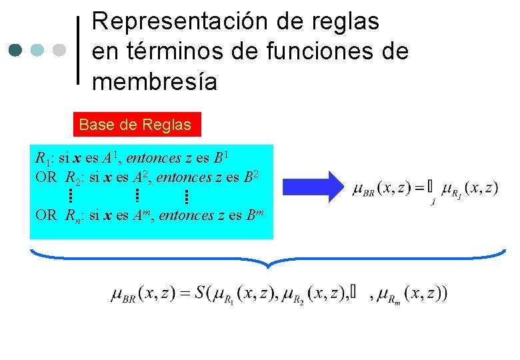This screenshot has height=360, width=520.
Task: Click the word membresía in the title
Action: tap(155, 82)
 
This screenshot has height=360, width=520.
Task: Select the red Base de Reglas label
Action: tap(135, 125)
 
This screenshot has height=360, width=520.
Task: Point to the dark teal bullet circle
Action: tap(17, 50)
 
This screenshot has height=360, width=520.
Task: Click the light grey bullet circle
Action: tap(58, 50)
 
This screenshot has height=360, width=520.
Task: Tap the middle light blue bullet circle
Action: tap(37, 50)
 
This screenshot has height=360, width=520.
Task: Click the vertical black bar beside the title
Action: tap(80, 51)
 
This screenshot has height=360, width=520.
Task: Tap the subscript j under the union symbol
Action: tap(433, 201)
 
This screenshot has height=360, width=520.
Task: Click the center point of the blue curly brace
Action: tap(268, 264)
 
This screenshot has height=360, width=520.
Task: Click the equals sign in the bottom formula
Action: tap(184, 293)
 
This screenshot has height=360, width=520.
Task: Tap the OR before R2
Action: tap(46, 178)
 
